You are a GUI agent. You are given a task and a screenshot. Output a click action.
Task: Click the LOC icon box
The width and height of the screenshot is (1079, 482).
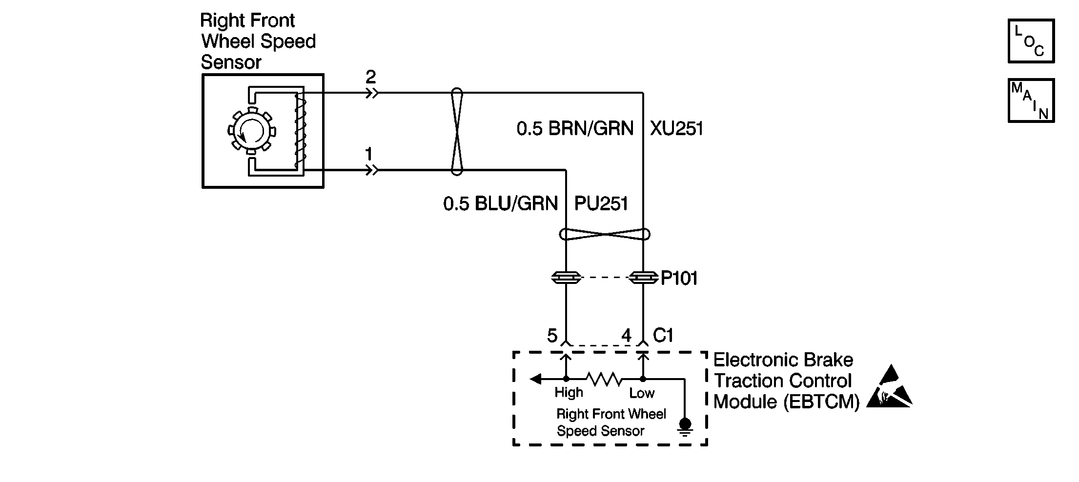[x=1031, y=41]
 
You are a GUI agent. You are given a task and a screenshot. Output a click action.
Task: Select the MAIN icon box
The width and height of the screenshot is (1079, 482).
[x=1031, y=100]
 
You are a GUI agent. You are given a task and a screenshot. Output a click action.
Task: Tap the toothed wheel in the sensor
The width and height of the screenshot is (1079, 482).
[x=252, y=131]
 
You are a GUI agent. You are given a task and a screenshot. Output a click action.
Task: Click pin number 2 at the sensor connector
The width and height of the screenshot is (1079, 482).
[x=371, y=77]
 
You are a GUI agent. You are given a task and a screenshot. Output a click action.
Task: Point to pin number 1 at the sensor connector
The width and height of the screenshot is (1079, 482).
[x=369, y=154]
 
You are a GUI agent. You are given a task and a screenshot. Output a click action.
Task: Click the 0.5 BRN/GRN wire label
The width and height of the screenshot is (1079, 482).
[x=575, y=129]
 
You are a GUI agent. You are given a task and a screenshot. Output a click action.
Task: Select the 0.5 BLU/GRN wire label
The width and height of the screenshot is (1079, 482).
[x=500, y=203]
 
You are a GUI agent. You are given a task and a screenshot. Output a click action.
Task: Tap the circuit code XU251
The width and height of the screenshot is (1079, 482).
[x=677, y=129]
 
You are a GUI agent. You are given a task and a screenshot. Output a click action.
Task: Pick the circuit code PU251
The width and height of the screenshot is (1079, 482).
[x=601, y=203]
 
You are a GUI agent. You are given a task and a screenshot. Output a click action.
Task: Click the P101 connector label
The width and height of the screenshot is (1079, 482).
[x=679, y=279]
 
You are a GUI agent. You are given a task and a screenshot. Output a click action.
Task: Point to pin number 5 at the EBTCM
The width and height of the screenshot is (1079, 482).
[x=552, y=336]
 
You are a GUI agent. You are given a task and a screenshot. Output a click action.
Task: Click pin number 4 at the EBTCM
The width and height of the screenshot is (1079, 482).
[x=626, y=336]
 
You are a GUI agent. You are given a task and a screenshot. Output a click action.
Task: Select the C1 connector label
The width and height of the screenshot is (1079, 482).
[x=663, y=335]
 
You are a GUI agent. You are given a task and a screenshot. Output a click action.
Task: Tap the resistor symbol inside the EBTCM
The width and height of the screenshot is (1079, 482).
[x=604, y=379]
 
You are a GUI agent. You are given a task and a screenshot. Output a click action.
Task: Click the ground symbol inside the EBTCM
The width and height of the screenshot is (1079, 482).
[x=685, y=426]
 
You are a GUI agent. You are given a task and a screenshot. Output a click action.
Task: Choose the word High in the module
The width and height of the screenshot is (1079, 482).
[x=569, y=393]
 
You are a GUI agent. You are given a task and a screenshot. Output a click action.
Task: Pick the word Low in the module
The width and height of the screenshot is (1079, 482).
[x=642, y=393]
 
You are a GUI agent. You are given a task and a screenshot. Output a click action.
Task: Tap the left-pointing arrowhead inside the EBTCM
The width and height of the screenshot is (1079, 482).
[x=535, y=379]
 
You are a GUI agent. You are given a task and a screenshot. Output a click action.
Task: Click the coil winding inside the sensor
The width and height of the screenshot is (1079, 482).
[x=299, y=131]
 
